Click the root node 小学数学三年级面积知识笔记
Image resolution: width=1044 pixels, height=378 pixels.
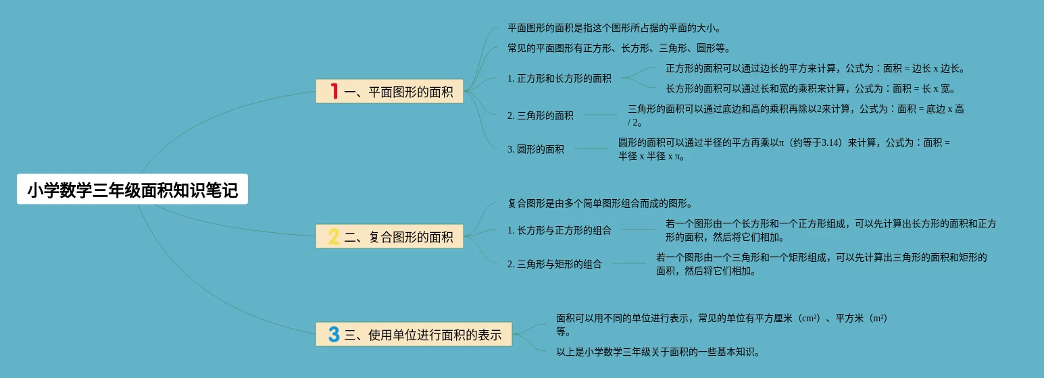click(132, 190)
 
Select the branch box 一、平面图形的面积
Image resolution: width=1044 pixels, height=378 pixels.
click(390, 92)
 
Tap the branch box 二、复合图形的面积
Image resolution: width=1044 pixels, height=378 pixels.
click(390, 237)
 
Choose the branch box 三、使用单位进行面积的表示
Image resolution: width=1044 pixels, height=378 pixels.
click(414, 334)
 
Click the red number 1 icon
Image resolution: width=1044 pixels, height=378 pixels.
click(334, 92)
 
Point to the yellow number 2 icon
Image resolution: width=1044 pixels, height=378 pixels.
click(334, 237)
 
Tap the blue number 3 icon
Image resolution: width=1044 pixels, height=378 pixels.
click(334, 334)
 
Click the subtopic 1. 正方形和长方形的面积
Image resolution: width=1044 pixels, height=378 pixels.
click(559, 78)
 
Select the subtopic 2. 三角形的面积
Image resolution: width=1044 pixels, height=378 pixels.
click(540, 115)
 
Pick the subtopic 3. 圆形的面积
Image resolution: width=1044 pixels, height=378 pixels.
click(535, 149)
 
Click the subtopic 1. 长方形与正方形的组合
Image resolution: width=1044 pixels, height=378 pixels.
click(559, 230)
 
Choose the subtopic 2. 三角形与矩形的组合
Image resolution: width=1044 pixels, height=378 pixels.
click(554, 264)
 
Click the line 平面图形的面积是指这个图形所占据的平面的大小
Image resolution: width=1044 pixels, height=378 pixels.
click(614, 28)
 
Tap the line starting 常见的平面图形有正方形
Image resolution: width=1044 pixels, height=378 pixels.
click(618, 48)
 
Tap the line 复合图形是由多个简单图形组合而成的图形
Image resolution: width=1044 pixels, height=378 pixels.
click(599, 203)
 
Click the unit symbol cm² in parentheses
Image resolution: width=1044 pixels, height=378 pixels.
click(809, 318)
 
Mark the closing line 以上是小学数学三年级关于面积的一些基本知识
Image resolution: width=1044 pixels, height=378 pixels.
click(657, 352)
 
